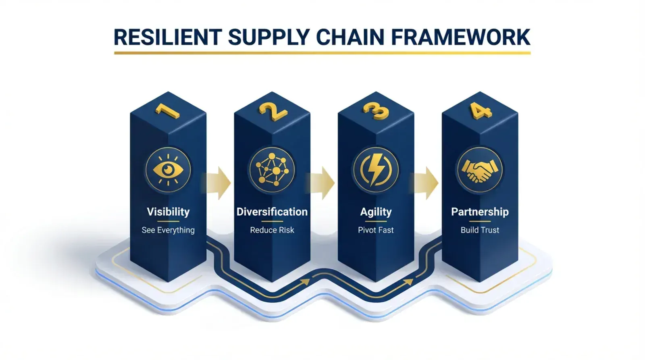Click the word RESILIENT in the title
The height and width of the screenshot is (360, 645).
coord(168,37)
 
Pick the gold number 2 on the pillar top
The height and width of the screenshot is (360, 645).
coord(273,111)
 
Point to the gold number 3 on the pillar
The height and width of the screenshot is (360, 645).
coord(376,111)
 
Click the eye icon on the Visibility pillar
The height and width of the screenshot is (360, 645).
coord(168,169)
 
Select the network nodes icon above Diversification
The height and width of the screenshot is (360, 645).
coord(272,169)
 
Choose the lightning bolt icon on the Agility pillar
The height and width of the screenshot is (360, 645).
coord(376,169)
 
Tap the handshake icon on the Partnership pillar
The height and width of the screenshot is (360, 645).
coord(480,169)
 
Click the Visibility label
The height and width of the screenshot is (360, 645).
coord(168,212)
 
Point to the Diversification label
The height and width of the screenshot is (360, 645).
coord(272,212)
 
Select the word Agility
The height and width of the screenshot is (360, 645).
coord(376,212)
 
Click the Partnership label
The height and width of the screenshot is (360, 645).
coord(480,212)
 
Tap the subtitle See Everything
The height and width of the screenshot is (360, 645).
coord(168,230)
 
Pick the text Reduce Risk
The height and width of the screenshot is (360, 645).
coord(272,230)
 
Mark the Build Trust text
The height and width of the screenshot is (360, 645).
coord(480,230)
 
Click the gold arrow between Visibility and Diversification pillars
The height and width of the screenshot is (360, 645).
coord(218,183)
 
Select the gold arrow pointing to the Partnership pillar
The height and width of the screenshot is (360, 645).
coord(426,183)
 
